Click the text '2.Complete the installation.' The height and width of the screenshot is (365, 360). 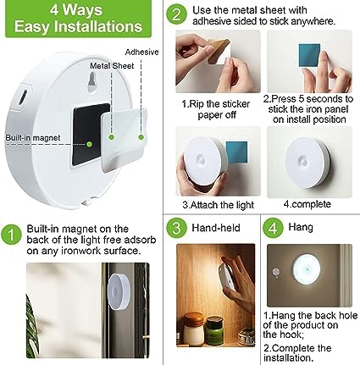coord(309,350)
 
